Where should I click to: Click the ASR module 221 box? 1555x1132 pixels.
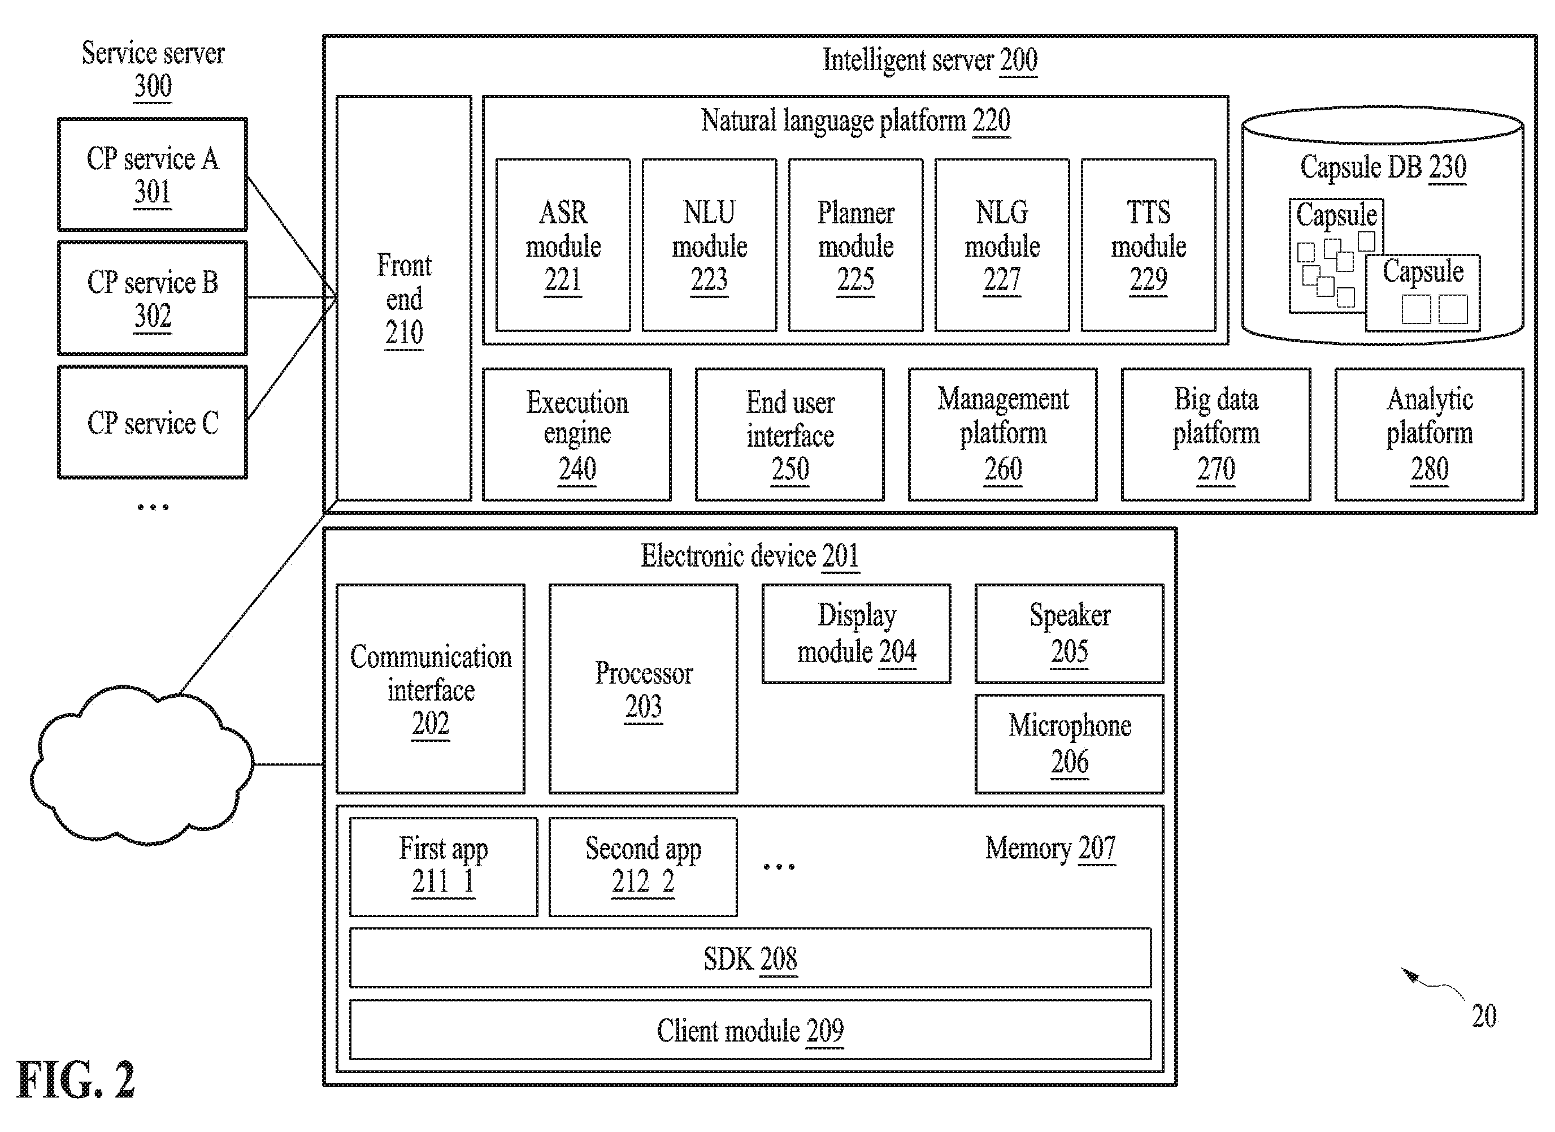click(563, 245)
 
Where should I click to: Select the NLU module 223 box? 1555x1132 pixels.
click(709, 245)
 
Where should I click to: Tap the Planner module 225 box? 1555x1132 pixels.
click(855, 245)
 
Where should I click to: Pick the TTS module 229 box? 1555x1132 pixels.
click(1148, 245)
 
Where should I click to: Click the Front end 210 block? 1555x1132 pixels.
click(404, 298)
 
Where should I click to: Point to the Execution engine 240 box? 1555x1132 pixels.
click(576, 434)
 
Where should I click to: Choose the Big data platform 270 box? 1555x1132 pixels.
click(1215, 434)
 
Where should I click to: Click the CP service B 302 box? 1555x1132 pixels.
click(152, 298)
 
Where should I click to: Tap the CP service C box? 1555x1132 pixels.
click(152, 422)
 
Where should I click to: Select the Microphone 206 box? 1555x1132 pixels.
click(1070, 744)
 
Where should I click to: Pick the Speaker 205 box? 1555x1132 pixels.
click(1070, 633)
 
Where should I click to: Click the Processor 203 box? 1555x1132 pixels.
click(643, 689)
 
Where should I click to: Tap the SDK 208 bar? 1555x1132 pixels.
click(750, 958)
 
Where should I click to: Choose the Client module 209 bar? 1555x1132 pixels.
click(750, 1030)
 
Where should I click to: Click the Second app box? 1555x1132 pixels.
click(643, 866)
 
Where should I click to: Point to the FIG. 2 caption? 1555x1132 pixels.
click(75, 1080)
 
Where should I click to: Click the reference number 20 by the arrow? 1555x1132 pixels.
click(1484, 1016)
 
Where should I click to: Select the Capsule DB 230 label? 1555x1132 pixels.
click(1383, 167)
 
